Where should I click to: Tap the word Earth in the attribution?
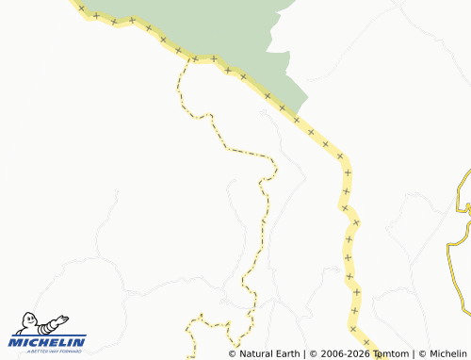pyautogui.click(x=287, y=354)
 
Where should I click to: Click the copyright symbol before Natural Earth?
pyautogui.click(x=233, y=354)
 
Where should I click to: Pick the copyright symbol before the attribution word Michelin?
pyautogui.click(x=422, y=354)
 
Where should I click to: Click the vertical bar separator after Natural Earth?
pyautogui.click(x=303, y=354)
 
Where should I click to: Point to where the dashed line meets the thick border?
pyautogui.click(x=193, y=59)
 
